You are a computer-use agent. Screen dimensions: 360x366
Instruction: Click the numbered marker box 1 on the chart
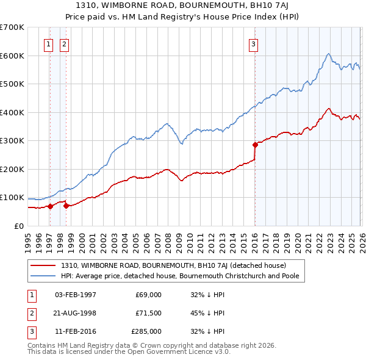coord(48,43)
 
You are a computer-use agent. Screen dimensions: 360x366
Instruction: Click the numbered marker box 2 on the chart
coord(64,43)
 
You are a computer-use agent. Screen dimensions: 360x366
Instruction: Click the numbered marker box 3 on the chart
coord(253,43)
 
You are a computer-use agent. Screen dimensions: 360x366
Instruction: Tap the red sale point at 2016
coord(255,145)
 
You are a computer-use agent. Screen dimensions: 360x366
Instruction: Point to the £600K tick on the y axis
coord(12,56)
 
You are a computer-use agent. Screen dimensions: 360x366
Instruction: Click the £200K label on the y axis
coord(12,169)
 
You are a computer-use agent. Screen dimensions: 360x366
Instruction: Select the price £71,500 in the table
coord(148,313)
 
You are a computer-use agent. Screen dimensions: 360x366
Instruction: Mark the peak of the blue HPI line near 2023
coord(328,53)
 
